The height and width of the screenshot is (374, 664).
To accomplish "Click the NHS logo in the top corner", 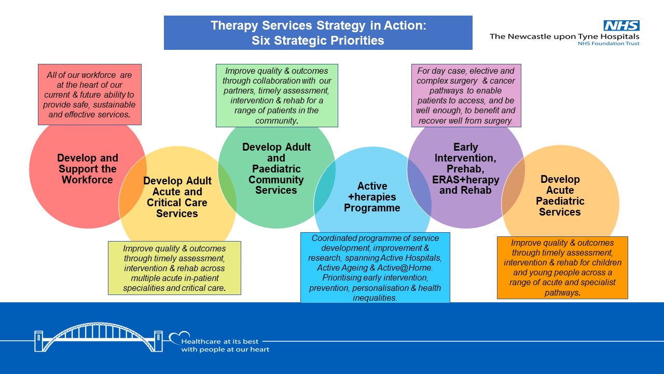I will click(621, 25).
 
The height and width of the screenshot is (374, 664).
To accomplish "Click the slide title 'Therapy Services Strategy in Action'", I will click(318, 26).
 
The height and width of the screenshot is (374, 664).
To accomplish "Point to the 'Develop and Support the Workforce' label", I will click(88, 169).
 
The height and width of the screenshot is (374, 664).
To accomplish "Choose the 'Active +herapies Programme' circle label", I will click(372, 197).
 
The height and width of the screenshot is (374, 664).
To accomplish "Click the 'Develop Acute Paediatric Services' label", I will click(560, 195).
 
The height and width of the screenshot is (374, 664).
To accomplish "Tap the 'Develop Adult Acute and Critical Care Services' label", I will click(177, 197).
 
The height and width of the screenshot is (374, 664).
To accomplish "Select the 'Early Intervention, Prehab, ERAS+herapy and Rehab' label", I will click(465, 168).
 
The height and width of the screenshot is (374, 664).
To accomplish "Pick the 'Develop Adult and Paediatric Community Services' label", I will click(276, 168).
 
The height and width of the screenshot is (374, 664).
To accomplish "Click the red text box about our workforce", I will click(89, 95).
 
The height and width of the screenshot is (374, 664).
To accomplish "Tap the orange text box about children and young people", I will click(562, 268).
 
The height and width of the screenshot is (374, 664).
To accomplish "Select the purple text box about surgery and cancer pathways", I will click(466, 96).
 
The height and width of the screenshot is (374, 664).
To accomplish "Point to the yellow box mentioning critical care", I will click(174, 268).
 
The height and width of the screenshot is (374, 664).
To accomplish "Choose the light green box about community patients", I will click(276, 96).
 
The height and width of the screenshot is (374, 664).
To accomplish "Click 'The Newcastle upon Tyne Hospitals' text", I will click(564, 36).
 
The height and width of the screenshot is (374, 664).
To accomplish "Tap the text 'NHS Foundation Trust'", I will click(608, 44).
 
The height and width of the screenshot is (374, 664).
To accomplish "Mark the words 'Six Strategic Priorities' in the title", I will click(318, 41).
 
